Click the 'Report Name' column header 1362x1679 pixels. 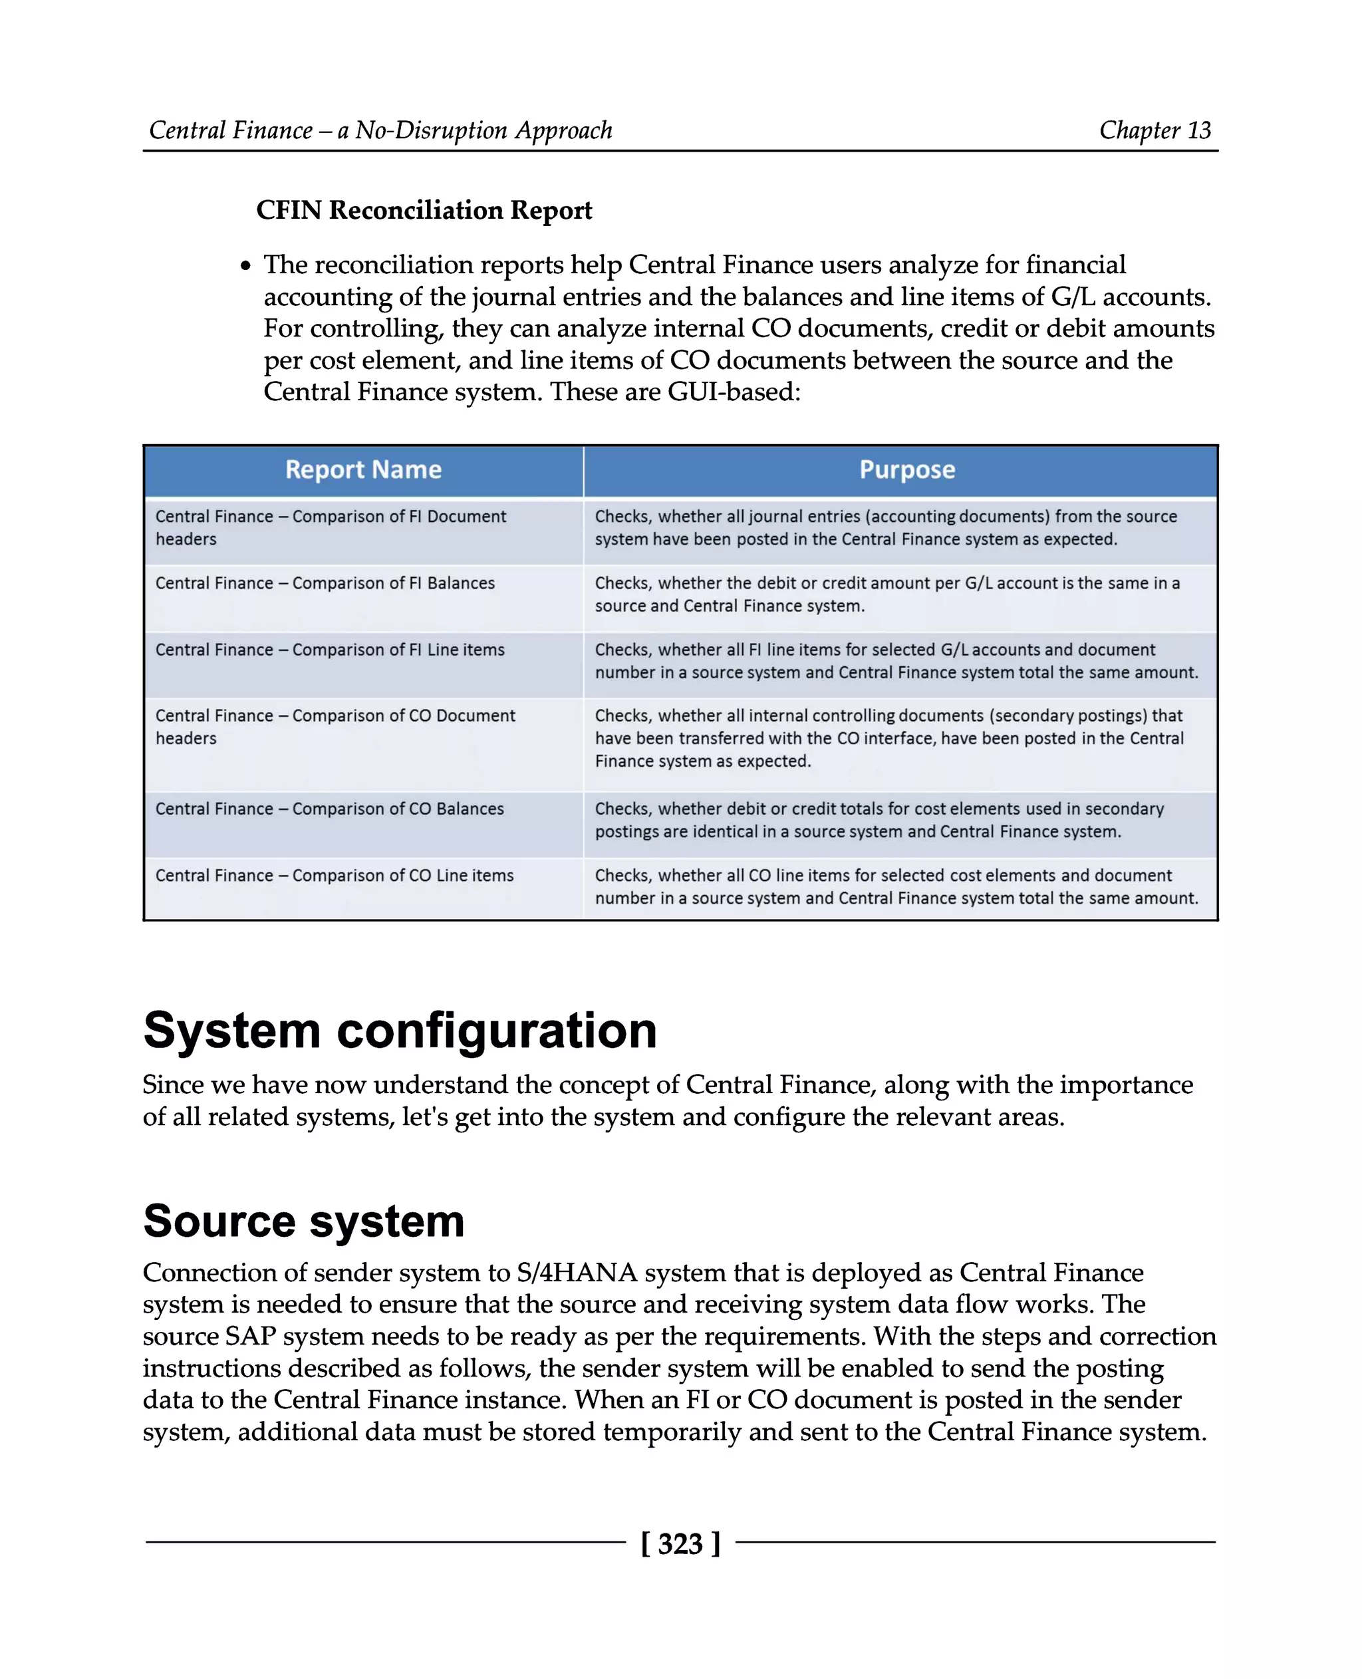pos(363,469)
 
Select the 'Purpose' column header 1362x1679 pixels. pos(907,469)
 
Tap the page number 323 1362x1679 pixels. pos(680,1543)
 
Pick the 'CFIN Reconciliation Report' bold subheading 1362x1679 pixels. pos(424,210)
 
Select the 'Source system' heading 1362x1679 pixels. pos(304,1221)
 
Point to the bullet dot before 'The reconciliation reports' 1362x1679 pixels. pos(246,267)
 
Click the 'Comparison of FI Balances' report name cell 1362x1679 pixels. pos(325,583)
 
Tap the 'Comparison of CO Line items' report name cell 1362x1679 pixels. pos(335,875)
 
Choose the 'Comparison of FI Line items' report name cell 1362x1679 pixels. pos(329,650)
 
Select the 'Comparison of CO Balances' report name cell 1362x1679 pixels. pos(329,809)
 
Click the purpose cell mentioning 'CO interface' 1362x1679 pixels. pos(889,738)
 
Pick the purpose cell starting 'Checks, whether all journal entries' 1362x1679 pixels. pos(886,527)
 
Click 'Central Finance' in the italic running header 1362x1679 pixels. pos(231,130)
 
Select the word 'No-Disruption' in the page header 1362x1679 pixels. pos(431,130)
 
